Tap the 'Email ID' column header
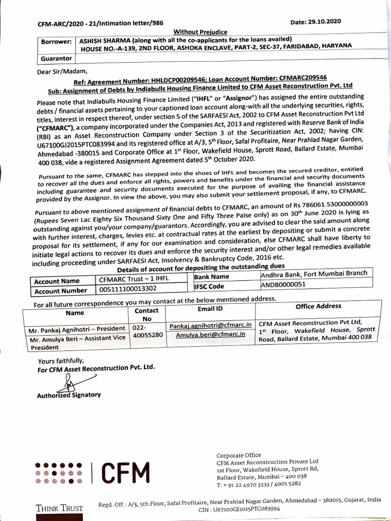click(209, 309)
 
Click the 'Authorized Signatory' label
click(69, 394)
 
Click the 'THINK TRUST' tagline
click(59, 507)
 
